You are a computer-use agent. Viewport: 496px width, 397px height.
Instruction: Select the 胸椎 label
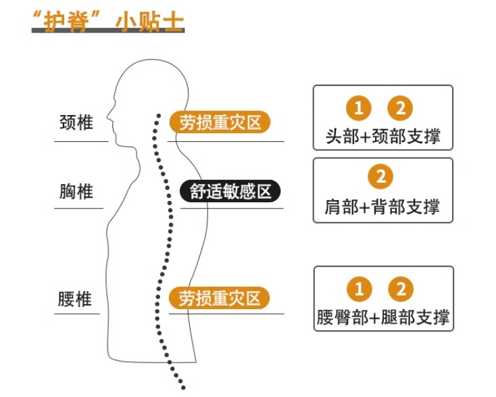point(76,191)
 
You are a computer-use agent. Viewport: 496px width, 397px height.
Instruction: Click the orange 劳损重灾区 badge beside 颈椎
point(220,122)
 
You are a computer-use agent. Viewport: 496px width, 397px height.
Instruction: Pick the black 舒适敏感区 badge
point(230,191)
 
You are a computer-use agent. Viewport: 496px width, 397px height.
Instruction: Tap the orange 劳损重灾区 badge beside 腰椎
point(220,298)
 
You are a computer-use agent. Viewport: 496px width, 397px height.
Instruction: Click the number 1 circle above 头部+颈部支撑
point(359,108)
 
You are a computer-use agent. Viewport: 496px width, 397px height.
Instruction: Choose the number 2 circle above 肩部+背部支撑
point(381,177)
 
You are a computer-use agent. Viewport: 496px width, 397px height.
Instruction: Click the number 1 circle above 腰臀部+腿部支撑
point(359,289)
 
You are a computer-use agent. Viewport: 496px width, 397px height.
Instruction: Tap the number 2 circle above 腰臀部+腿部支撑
point(401,289)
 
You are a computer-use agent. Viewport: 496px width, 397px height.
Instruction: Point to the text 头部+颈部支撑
point(382,137)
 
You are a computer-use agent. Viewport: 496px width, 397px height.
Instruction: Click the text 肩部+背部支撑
point(382,206)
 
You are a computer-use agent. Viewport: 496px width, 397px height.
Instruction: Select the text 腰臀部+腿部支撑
point(382,317)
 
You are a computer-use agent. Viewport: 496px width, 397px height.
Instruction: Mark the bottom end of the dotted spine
point(182,387)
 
